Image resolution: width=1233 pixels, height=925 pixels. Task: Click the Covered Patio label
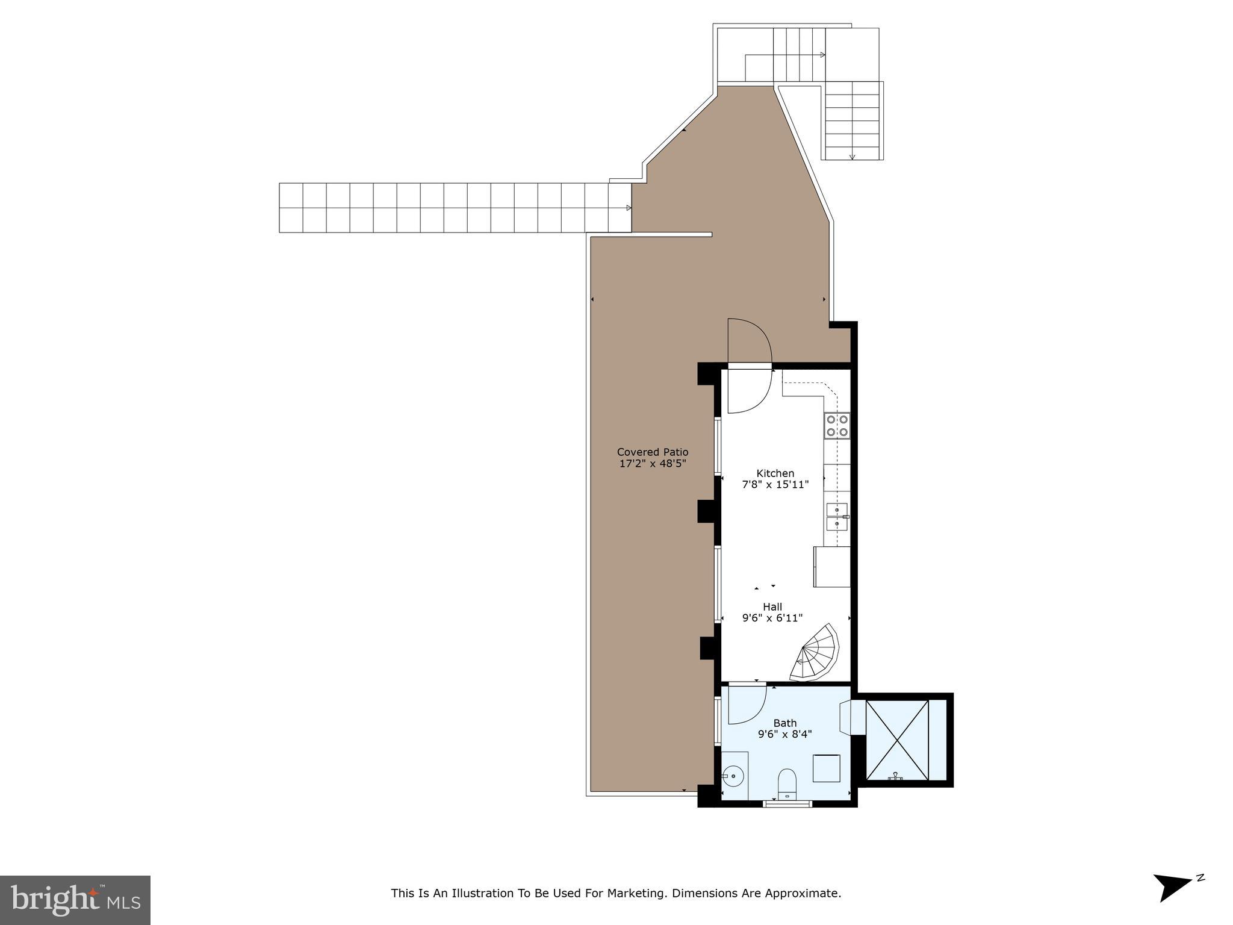[653, 452]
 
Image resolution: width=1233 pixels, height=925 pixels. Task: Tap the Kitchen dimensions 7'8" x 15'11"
[775, 484]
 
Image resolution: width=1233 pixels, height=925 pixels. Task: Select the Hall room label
[772, 606]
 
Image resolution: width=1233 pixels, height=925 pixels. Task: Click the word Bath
[785, 723]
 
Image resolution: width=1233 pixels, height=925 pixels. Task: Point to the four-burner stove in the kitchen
[837, 425]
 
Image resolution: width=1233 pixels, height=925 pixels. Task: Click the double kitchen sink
[837, 517]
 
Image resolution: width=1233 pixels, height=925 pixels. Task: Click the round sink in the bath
[733, 776]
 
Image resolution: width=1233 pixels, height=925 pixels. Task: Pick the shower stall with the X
[897, 740]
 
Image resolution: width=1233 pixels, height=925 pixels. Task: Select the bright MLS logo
[75, 900]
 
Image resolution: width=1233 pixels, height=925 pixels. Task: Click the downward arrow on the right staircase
[852, 157]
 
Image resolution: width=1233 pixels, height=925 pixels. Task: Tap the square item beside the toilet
[827, 768]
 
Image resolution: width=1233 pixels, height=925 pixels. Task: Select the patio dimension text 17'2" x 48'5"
[653, 464]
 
